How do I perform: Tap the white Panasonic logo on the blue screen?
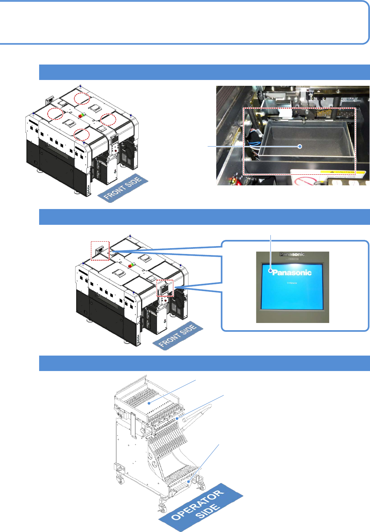(x=292, y=273)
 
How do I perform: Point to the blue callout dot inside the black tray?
(x=300, y=147)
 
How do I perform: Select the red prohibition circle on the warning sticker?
(x=303, y=181)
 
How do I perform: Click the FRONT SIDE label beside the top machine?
(x=123, y=188)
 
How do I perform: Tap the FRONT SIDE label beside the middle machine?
(x=177, y=336)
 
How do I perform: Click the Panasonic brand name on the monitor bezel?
(x=292, y=254)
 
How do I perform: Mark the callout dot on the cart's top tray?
(x=149, y=403)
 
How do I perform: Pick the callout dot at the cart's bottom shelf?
(x=188, y=482)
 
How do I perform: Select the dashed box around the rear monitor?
(x=100, y=251)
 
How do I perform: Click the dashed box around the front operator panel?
(x=165, y=288)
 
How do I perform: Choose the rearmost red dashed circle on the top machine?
(x=82, y=98)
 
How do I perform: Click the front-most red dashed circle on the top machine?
(x=82, y=134)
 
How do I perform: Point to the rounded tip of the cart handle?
(x=209, y=406)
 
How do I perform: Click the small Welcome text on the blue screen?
(x=292, y=283)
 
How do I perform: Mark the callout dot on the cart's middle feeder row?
(x=177, y=419)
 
